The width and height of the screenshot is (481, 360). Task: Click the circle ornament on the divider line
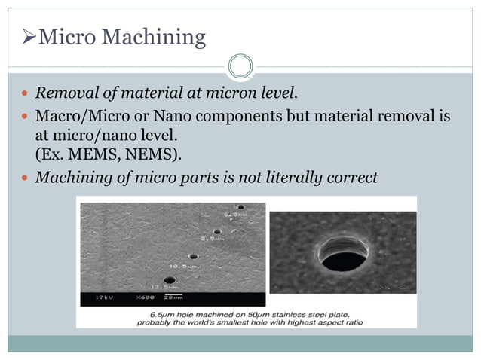[240, 66]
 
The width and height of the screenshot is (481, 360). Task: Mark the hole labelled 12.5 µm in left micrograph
[170, 279]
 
